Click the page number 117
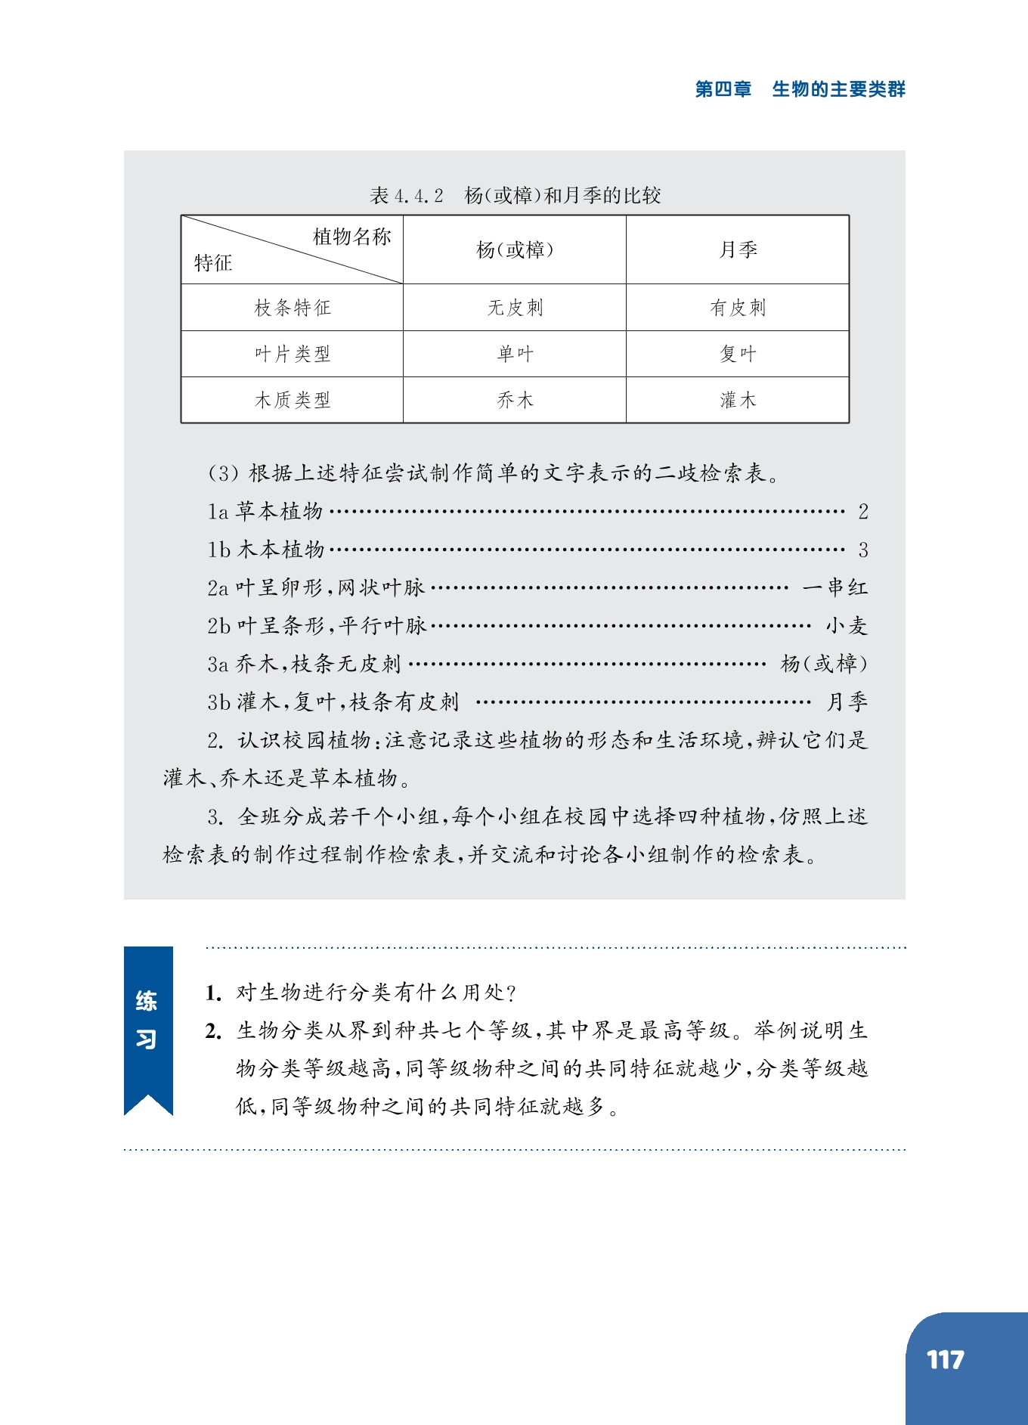(x=945, y=1360)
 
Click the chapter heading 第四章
(x=723, y=89)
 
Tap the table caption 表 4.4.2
(x=406, y=196)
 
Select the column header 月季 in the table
(x=738, y=249)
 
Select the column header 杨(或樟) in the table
(x=515, y=249)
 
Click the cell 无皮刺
(x=515, y=308)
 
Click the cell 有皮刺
(x=738, y=308)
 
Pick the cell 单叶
(x=515, y=354)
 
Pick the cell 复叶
(x=738, y=354)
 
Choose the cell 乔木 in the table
(x=515, y=400)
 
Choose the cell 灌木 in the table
(x=738, y=400)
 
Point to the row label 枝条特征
(x=293, y=308)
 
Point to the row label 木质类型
(x=293, y=400)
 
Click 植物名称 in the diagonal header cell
(x=351, y=237)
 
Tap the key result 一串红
(x=834, y=587)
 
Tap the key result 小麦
(x=846, y=625)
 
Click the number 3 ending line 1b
(x=862, y=550)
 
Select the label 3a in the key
(x=218, y=664)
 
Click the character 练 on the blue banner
(x=147, y=1001)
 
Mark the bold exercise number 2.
(x=212, y=1031)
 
